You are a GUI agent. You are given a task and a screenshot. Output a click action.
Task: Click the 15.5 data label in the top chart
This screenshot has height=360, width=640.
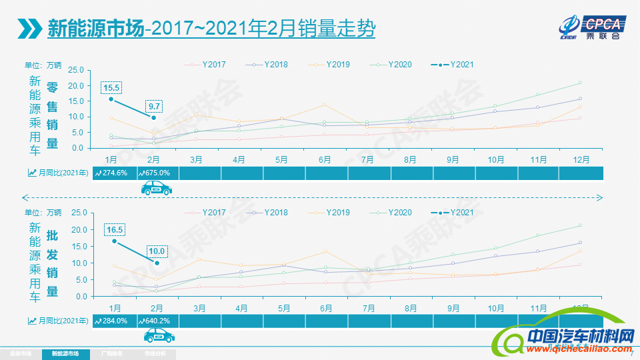pos(111,87)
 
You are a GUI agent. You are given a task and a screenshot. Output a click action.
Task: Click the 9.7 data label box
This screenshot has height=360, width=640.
pos(155,106)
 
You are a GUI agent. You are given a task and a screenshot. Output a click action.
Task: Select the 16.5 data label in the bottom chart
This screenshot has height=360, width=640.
pos(115,230)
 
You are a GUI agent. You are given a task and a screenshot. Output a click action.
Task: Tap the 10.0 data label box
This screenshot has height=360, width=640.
pos(157,251)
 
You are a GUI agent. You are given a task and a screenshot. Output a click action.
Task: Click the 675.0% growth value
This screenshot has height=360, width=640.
pos(156,173)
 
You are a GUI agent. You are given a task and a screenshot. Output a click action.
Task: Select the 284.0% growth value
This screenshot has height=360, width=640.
pos(113,321)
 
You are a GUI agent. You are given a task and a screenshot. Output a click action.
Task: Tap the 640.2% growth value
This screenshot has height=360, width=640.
pos(156,321)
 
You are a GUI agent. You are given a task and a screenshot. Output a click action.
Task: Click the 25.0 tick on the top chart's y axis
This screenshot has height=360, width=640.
pos(75,70)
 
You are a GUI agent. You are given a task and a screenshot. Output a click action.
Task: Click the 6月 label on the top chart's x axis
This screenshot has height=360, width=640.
pos(325,159)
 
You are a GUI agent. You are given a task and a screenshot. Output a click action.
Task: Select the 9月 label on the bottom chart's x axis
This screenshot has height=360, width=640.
pos(453,308)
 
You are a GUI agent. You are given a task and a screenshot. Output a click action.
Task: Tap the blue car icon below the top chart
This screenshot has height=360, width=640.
pos(156,189)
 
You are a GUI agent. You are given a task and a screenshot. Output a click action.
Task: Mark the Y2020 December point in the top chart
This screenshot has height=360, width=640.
pos(580,83)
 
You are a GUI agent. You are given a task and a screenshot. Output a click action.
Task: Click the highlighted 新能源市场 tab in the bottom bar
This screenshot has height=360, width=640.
pos(65,353)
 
